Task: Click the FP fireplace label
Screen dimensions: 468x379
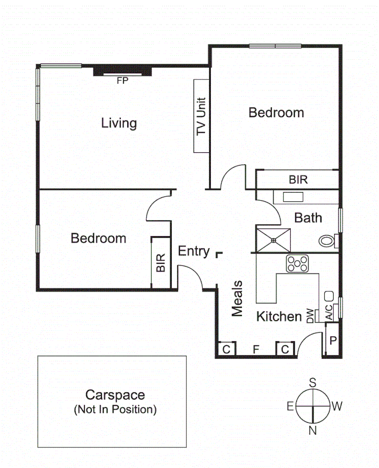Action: click(123, 81)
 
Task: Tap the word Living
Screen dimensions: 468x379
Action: click(119, 123)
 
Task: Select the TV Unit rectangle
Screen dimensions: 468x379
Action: click(201, 116)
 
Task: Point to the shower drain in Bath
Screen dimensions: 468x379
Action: click(273, 239)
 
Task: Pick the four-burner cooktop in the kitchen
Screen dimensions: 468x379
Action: click(298, 263)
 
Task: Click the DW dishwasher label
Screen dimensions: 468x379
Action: click(310, 315)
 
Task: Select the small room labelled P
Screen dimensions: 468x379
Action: click(332, 340)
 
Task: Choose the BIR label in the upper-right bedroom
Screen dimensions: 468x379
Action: click(298, 180)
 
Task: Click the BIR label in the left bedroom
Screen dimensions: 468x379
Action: click(161, 262)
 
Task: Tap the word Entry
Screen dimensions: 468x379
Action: click(194, 251)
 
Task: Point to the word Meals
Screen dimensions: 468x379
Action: click(237, 299)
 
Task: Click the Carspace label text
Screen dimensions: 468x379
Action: click(115, 396)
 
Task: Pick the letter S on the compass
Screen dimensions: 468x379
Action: click(313, 383)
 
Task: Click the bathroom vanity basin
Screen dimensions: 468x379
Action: click(292, 197)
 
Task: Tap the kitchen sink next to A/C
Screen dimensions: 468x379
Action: click(330, 295)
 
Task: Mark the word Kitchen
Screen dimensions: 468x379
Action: click(279, 316)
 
